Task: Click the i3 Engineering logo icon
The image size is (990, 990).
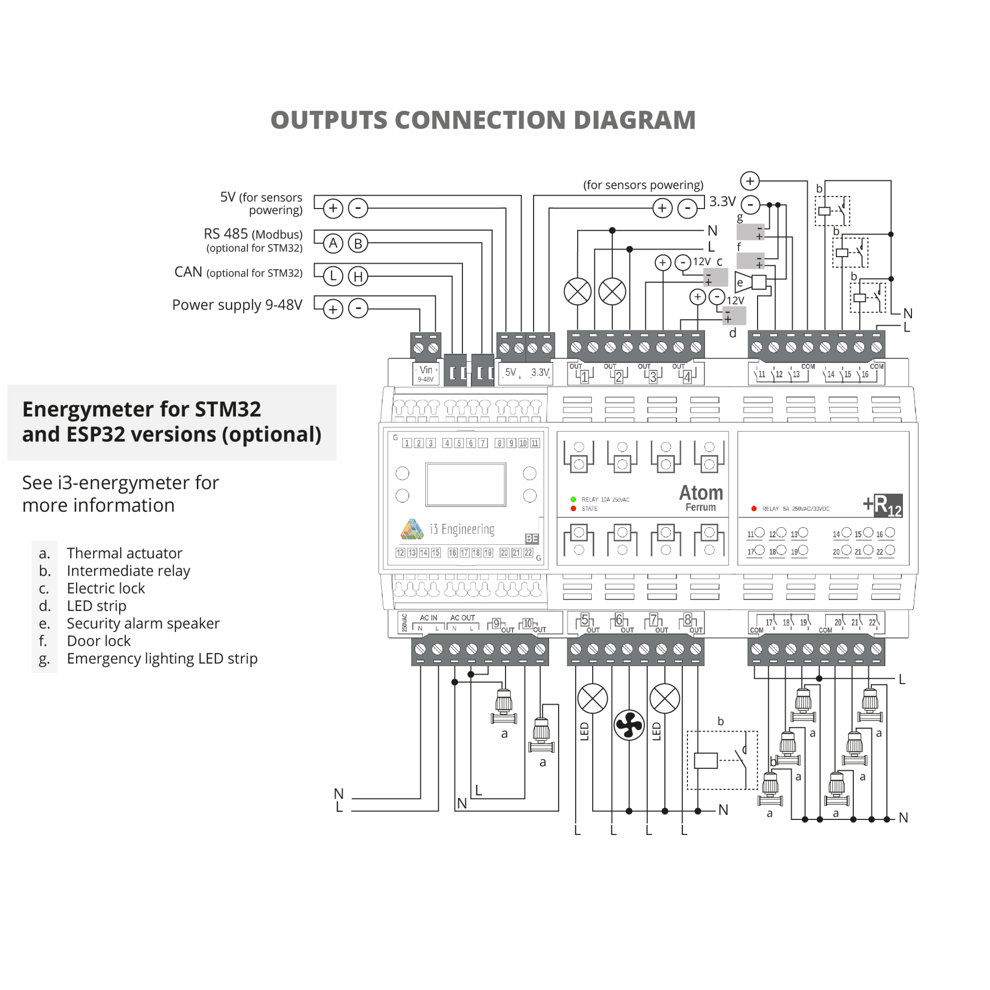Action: (x=412, y=529)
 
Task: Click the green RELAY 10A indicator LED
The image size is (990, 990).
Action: (x=573, y=499)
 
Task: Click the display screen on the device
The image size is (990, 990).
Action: (x=465, y=484)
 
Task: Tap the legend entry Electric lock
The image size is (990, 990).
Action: (x=106, y=588)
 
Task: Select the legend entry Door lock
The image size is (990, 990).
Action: (x=98, y=641)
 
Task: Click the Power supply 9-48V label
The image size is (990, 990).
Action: (x=237, y=305)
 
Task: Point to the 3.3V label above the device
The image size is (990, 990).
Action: (x=722, y=201)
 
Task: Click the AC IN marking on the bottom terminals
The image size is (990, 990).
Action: (x=428, y=618)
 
